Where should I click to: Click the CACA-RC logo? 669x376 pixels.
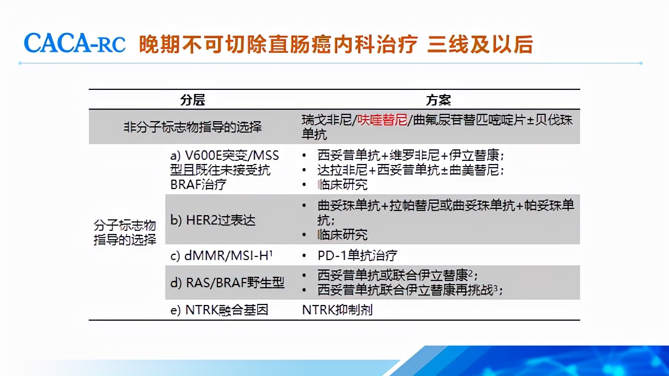pyautogui.click(x=75, y=44)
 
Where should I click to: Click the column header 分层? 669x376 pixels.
pyautogui.click(x=192, y=100)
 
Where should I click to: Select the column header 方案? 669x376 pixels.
pyautogui.click(x=438, y=100)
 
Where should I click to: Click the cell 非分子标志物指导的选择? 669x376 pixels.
pyautogui.click(x=192, y=127)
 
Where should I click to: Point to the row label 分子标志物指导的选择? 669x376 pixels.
pyautogui.click(x=125, y=232)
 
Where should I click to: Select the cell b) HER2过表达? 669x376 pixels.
pyautogui.click(x=213, y=220)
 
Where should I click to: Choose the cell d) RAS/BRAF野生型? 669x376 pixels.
pyautogui.click(x=227, y=283)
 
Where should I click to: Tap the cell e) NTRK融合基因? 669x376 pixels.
pyautogui.click(x=220, y=310)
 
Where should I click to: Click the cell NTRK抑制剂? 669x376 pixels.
pyautogui.click(x=337, y=310)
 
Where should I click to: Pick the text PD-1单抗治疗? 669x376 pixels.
pyautogui.click(x=357, y=255)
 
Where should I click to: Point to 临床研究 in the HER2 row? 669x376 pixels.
pyautogui.click(x=342, y=234)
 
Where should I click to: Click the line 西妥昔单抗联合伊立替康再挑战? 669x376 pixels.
pyautogui.click(x=406, y=290)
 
